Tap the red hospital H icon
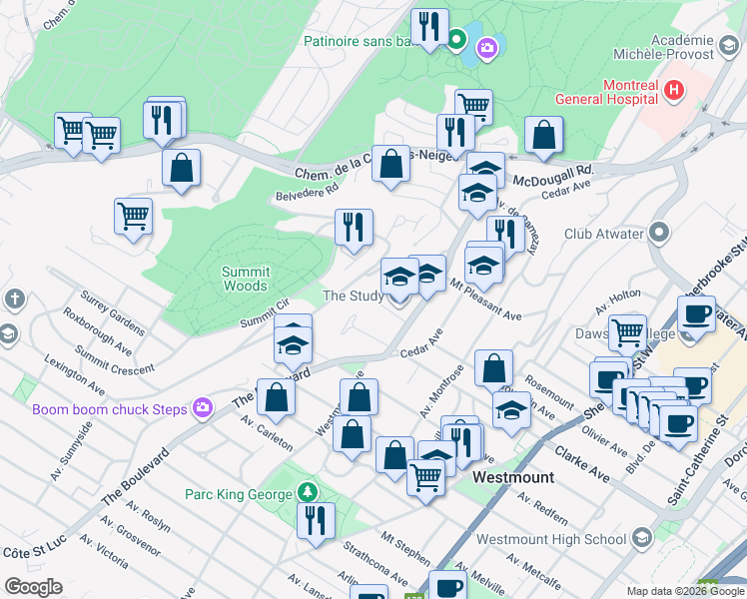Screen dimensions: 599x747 674,91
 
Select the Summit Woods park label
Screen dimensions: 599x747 245,278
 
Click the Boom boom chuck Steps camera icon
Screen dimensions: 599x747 204,407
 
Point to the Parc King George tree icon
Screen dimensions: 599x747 309,493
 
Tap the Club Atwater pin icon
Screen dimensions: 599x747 659,234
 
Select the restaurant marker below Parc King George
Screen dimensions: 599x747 316,521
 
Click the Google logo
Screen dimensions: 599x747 33,587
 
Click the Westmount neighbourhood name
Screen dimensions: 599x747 512,477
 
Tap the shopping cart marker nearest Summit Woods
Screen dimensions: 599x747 134,216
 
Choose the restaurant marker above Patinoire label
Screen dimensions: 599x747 430,26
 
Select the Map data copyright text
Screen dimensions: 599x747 668,591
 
